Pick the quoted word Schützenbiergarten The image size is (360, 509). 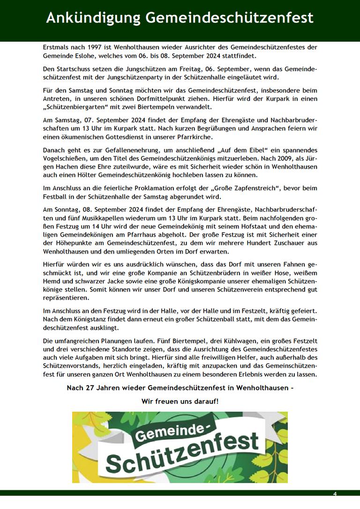click(76, 107)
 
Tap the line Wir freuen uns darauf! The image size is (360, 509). click(180, 401)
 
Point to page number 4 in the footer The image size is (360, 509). click(335, 494)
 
